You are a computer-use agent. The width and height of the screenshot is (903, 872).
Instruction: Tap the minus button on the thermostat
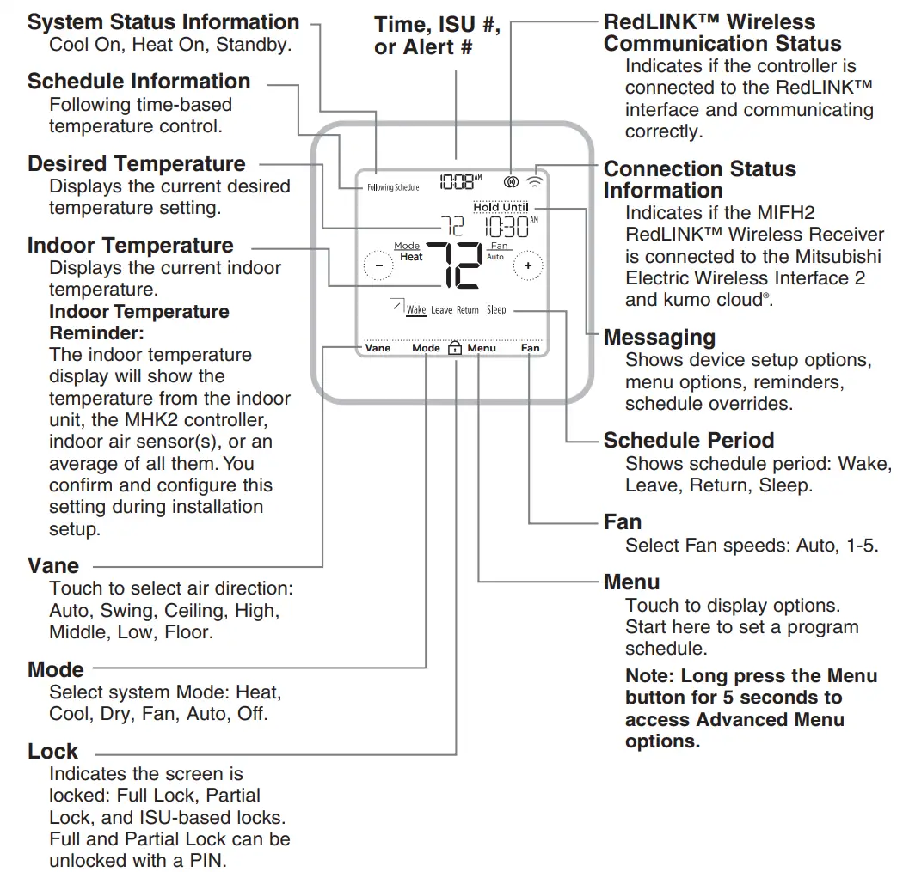[x=378, y=265]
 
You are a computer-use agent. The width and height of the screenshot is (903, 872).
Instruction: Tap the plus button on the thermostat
[x=528, y=265]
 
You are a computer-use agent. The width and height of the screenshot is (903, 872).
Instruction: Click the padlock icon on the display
[x=456, y=348]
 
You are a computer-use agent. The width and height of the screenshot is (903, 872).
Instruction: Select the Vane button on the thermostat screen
[x=378, y=348]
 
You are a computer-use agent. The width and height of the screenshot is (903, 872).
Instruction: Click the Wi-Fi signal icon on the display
[x=536, y=181]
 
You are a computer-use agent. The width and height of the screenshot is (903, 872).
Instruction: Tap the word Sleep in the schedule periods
[x=496, y=309]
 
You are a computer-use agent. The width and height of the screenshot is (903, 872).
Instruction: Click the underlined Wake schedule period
[x=416, y=309]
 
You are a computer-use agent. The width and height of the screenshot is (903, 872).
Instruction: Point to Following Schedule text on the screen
[x=393, y=187]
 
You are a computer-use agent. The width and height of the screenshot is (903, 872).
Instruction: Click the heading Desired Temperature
[x=137, y=163]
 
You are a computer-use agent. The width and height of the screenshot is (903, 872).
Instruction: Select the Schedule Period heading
[x=688, y=440]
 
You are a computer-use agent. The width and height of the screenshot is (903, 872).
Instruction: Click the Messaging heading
[x=659, y=337]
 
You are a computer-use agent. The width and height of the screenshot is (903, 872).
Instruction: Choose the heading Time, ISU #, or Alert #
[x=437, y=35]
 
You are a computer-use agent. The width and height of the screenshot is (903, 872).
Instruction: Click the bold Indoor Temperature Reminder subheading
[x=138, y=322]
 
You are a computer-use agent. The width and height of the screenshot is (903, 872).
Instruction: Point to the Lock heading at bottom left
[x=52, y=751]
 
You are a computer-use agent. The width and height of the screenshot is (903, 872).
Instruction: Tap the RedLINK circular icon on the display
[x=510, y=181]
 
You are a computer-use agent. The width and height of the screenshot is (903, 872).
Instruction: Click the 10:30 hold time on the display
[x=508, y=227]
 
